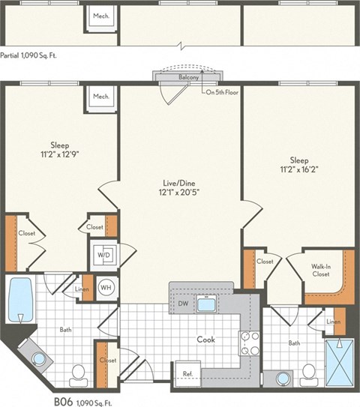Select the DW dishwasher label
182,304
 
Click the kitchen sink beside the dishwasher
205,304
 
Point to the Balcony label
188,77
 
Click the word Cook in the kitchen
205,340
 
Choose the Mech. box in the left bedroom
100,97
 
